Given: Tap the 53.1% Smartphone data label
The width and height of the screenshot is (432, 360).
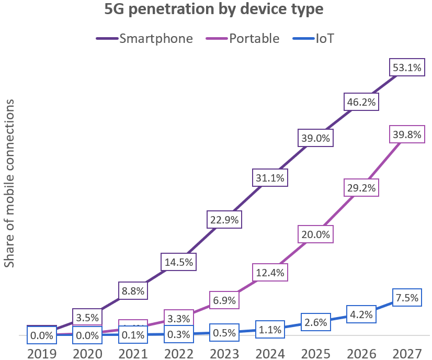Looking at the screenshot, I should coord(406,67).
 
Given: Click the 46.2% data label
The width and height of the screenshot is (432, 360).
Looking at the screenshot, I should coord(360,102).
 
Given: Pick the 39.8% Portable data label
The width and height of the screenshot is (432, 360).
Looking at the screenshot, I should coord(406,136).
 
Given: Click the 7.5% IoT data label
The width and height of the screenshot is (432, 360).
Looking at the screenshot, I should coord(406,298).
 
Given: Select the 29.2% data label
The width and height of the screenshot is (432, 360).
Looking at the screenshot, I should coord(360,187).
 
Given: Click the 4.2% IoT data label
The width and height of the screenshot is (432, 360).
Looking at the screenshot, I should coord(361,316).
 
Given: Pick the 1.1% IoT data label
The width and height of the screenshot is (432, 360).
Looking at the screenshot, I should coord(270,330).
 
